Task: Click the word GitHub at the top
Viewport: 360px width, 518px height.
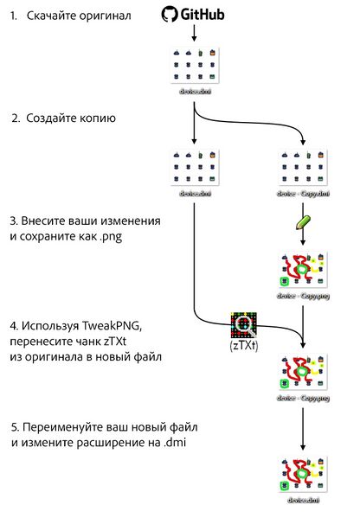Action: pos(202,15)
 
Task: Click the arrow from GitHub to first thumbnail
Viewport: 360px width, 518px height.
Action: pos(194,34)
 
